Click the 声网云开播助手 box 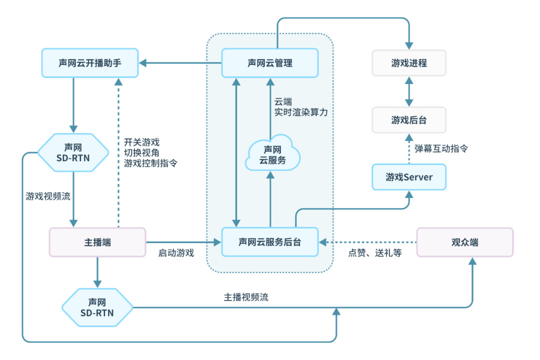pos(90,63)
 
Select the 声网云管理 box pos(269,63)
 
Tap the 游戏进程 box pos(409,63)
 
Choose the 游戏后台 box pos(409,120)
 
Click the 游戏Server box pos(409,177)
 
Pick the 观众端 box pos(465,242)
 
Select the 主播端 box pos(97,242)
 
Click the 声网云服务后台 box pos(269,242)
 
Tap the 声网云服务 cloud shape pos(272,154)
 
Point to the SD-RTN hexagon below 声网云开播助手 pos(73,152)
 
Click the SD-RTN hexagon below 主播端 pos(97,307)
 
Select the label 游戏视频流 pos(48,196)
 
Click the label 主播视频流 pos(246,297)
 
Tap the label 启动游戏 pos(176,253)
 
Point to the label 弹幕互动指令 pos(441,148)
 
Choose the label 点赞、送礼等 pos(375,253)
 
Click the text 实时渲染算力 pos(301,112)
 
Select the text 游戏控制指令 pos(150,163)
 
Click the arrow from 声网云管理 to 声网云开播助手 pos(180,63)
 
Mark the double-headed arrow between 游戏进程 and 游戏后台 pos(409,91)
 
